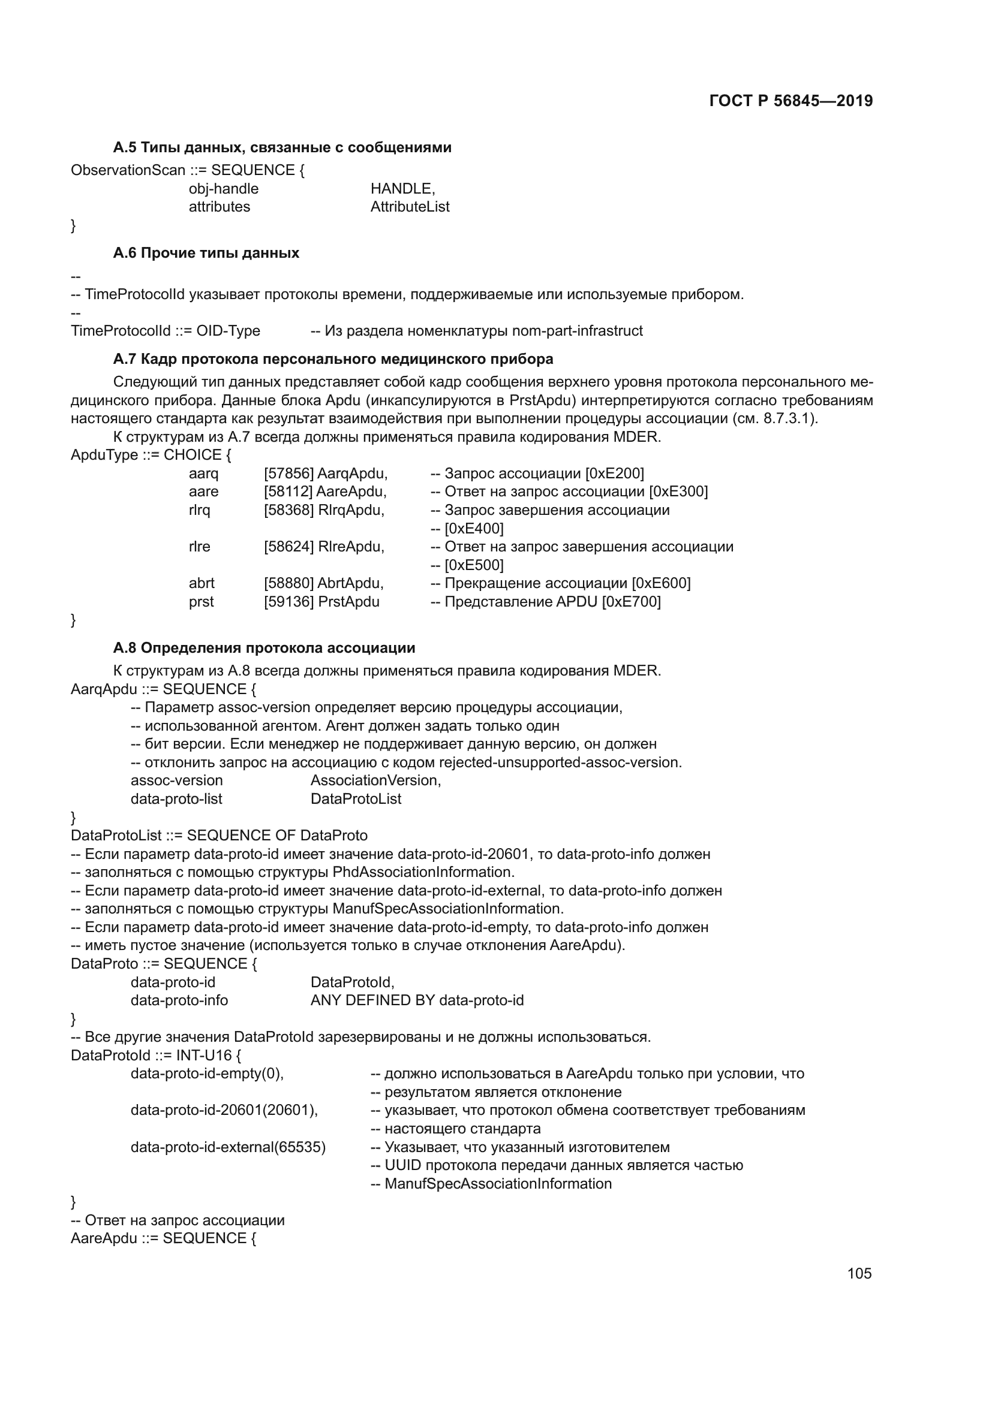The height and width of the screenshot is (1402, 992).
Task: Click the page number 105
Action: pyautogui.click(x=859, y=1273)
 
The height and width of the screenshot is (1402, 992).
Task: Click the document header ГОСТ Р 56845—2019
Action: pyautogui.click(x=791, y=101)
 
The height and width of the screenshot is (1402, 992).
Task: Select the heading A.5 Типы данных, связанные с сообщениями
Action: pyautogui.click(x=282, y=148)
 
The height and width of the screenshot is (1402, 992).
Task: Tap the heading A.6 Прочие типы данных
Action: pyautogui.click(x=206, y=254)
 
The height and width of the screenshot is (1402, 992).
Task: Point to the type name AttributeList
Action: pyautogui.click(x=410, y=207)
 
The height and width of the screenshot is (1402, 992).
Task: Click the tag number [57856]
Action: pyautogui.click(x=289, y=474)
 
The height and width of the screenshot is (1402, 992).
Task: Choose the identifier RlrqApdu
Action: pyautogui.click(x=351, y=511)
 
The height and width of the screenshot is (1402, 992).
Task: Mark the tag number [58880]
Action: pyautogui.click(x=289, y=583)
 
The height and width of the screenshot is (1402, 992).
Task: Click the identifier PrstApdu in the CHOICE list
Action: pyautogui.click(x=349, y=602)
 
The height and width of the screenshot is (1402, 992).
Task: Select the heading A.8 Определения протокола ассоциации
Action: pyautogui.click(x=264, y=648)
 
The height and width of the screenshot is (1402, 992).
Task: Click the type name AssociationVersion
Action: pyautogui.click(x=375, y=780)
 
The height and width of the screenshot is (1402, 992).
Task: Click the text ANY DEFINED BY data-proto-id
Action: pyautogui.click(x=417, y=1000)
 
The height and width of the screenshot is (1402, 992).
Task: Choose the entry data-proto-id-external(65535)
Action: pyautogui.click(x=228, y=1147)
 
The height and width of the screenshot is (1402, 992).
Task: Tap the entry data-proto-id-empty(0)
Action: pyautogui.click(x=206, y=1074)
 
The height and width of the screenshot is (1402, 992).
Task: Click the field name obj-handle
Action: pyautogui.click(x=224, y=189)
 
